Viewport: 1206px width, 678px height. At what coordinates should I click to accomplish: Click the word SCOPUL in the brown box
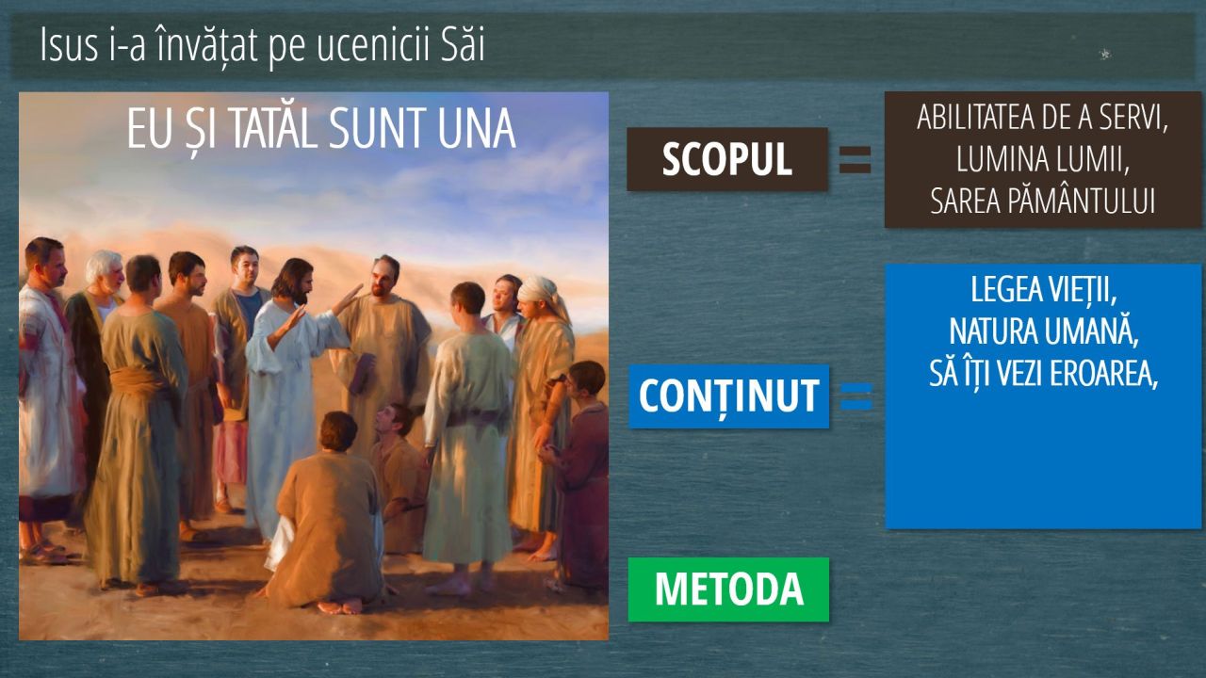point(726,159)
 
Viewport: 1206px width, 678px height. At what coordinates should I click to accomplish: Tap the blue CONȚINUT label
point(729,396)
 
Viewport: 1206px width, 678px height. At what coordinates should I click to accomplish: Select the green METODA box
point(728,589)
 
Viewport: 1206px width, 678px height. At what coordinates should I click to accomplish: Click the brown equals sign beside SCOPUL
point(855,160)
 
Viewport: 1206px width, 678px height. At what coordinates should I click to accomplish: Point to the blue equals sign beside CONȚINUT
point(856,396)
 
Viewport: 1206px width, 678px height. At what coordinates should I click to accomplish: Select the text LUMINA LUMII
point(1043,159)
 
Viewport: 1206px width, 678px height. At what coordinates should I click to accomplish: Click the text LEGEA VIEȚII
point(1043,291)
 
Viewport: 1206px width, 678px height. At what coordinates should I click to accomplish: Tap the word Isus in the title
point(69,45)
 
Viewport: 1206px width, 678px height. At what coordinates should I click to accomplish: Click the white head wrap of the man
point(543,293)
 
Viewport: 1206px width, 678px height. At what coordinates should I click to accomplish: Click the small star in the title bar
point(1105,54)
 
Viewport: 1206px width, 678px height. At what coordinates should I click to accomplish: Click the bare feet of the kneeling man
point(340,607)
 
